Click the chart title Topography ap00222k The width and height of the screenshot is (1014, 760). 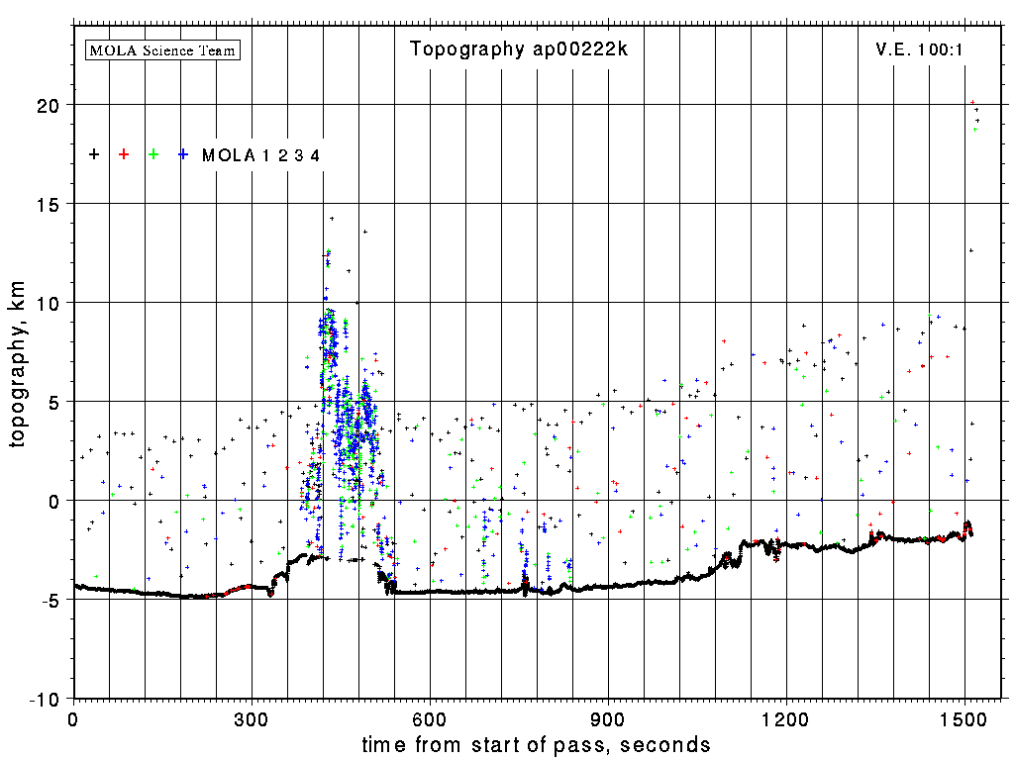pos(519,49)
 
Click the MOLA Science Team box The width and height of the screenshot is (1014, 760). pos(163,49)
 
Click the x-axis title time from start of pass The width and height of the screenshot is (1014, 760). pos(536,744)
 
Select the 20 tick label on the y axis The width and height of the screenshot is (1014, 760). pos(50,105)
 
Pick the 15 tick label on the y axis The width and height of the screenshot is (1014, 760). pos(50,204)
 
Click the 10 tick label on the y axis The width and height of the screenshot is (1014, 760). pos(50,303)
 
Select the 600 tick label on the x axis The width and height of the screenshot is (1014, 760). pos(430,718)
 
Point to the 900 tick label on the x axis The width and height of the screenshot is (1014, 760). pos(608,718)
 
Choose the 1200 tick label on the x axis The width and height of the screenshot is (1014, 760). pos(786,718)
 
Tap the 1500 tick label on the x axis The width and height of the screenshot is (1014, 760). pos(964,718)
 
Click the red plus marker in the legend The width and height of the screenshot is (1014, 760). pos(124,154)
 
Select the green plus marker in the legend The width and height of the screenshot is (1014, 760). pos(153,154)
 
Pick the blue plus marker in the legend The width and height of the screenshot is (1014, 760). pos(183,154)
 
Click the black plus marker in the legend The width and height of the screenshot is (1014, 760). pos(94,154)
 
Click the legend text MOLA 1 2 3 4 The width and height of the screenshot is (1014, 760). pos(261,155)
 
